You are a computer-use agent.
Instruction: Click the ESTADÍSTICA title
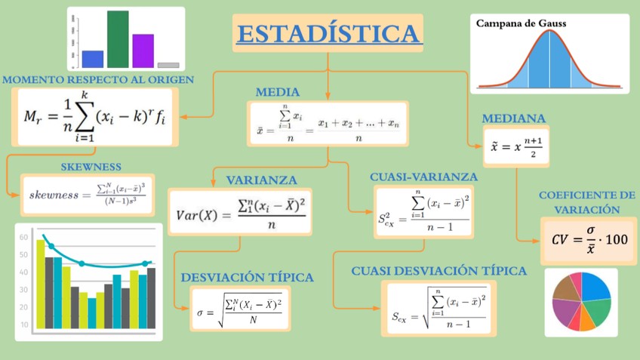click(x=328, y=34)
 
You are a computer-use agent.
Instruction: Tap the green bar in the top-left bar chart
click(x=118, y=39)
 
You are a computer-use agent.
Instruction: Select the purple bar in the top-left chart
click(x=143, y=51)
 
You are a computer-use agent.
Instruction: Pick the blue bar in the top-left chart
click(x=93, y=59)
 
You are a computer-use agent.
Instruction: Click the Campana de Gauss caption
click(x=521, y=23)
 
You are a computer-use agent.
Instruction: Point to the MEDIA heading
click(x=277, y=92)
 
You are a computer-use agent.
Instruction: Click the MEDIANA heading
click(x=513, y=119)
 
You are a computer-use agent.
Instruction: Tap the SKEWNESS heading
click(x=91, y=167)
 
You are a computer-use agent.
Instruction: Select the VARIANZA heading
click(x=261, y=180)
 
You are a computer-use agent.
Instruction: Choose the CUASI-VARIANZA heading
click(x=423, y=177)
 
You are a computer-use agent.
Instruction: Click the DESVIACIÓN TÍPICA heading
click(x=247, y=278)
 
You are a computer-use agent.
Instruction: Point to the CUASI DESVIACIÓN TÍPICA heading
click(x=438, y=271)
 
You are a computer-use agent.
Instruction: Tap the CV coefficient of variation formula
click(x=589, y=240)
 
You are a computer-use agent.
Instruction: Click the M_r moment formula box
click(x=94, y=117)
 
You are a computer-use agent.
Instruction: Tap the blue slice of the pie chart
click(x=595, y=287)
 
